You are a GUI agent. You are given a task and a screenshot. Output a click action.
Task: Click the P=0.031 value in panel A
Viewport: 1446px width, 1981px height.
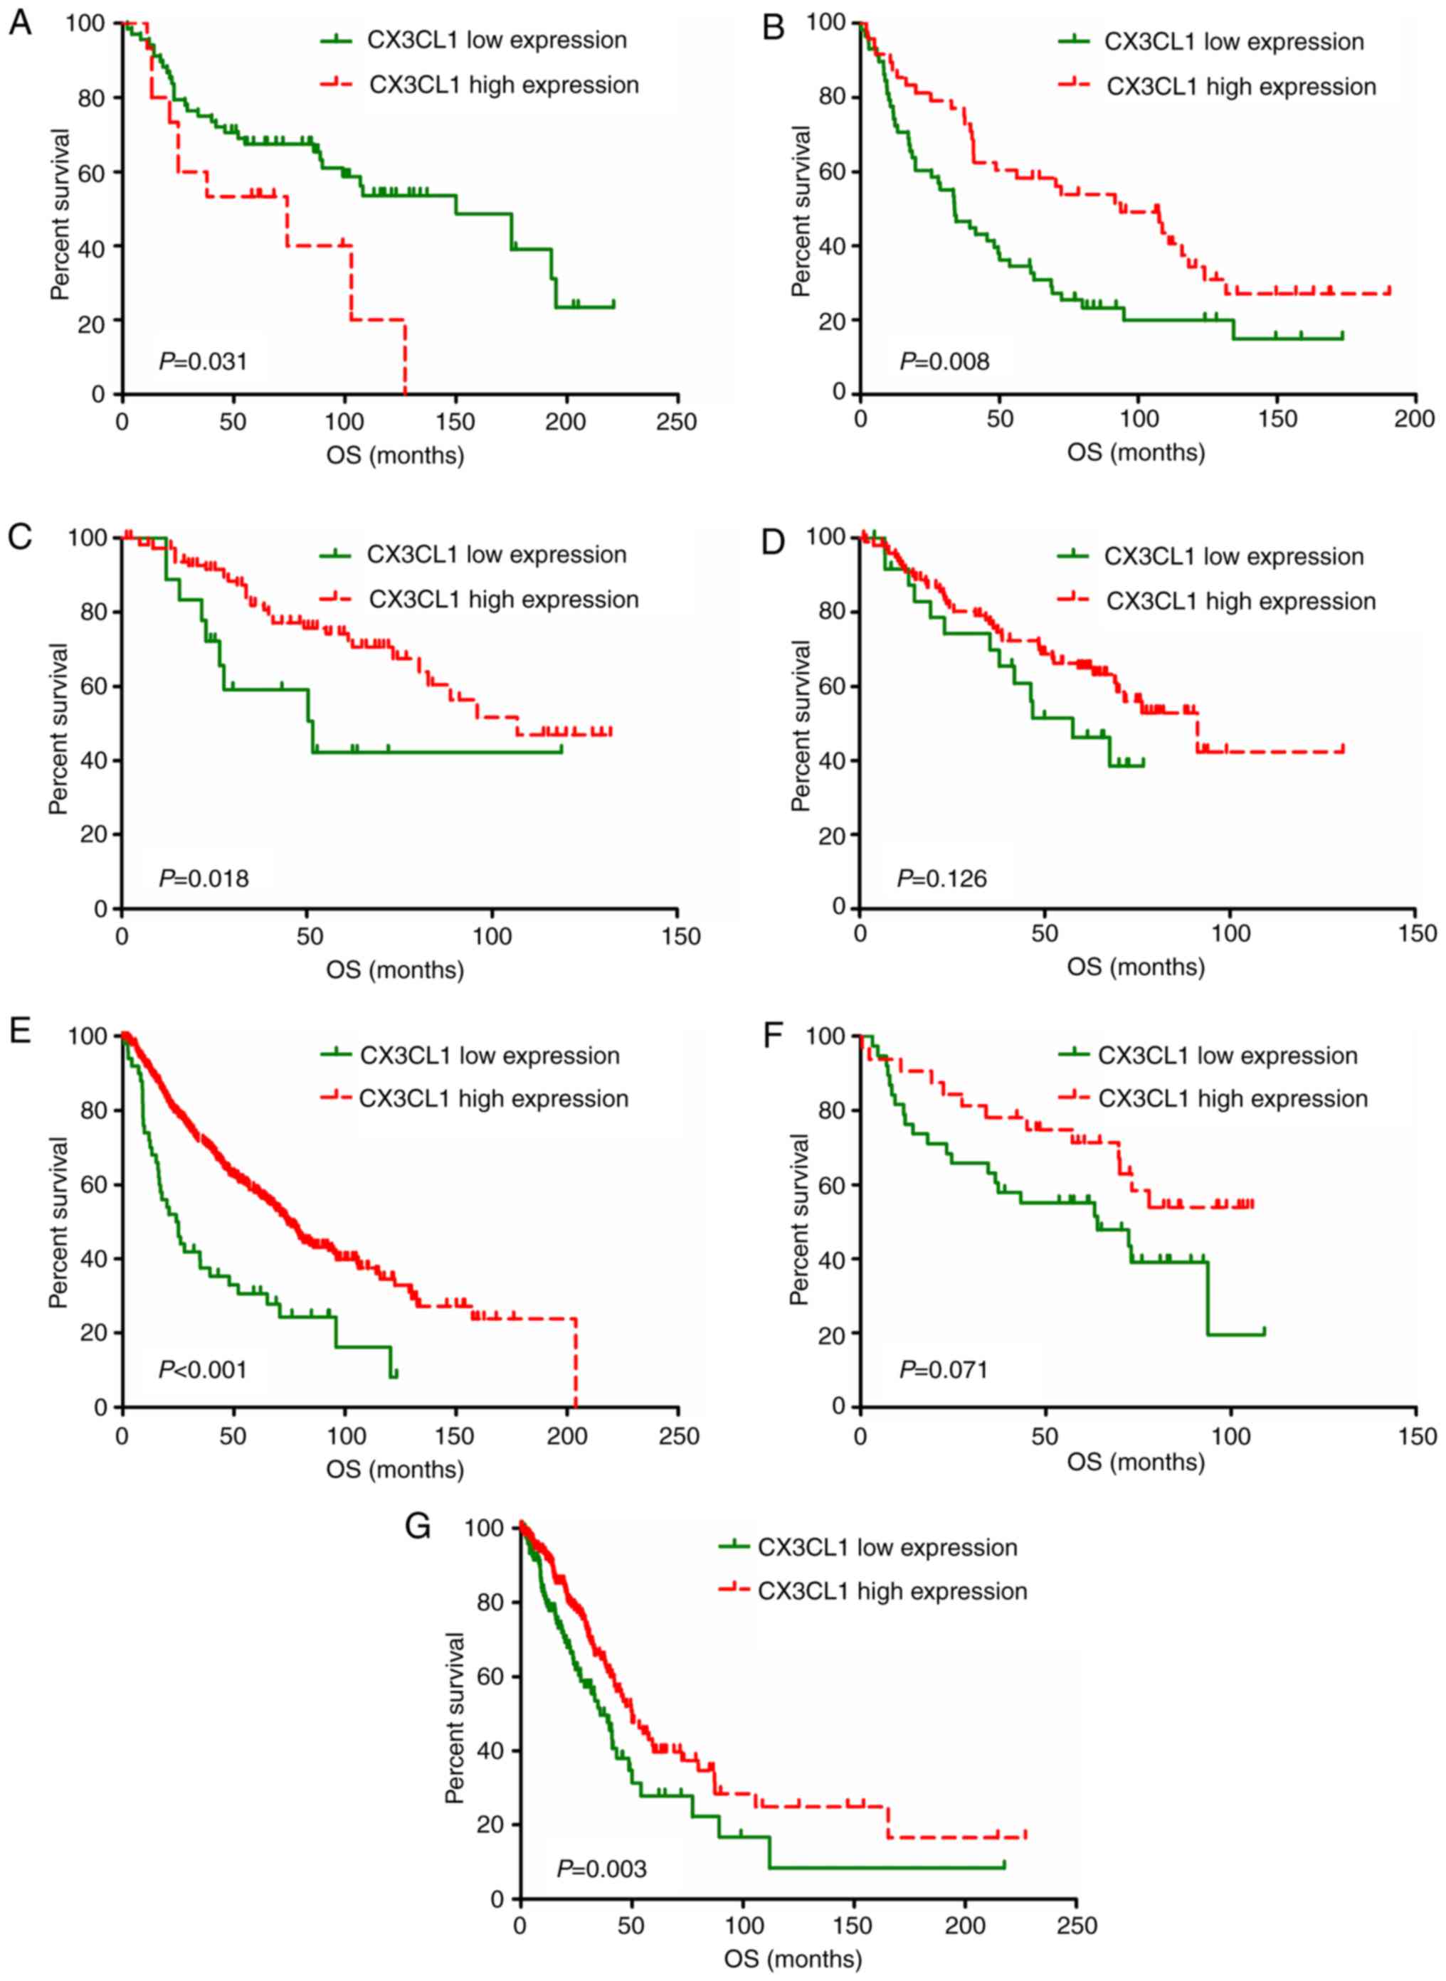click(203, 361)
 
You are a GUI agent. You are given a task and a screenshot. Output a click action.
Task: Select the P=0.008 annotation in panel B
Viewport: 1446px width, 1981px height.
click(944, 361)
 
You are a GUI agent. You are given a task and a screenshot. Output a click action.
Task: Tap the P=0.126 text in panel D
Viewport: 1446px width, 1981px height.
click(942, 878)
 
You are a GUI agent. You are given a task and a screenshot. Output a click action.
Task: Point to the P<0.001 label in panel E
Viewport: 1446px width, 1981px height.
click(203, 1369)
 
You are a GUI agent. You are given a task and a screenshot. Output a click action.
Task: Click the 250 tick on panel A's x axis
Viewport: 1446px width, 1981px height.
click(676, 422)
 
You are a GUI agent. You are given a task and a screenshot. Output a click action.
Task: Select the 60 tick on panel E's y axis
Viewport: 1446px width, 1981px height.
click(89, 1185)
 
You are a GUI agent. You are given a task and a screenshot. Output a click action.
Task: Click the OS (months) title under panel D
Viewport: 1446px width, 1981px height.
click(1135, 966)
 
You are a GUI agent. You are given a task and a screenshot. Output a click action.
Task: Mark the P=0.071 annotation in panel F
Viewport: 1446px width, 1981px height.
click(944, 1369)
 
